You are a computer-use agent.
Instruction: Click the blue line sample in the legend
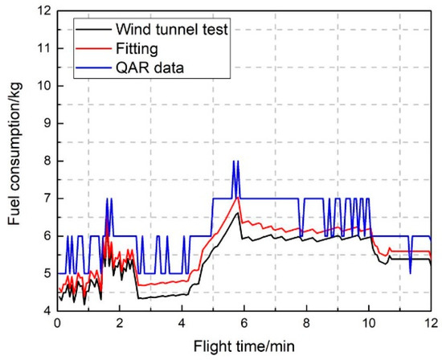click(x=78, y=67)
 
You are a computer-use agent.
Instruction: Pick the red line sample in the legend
click(x=78, y=50)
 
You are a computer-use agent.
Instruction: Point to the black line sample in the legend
click(x=78, y=31)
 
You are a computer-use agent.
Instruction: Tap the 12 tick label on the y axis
click(x=42, y=10)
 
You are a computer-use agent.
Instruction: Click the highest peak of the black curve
click(x=236, y=213)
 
